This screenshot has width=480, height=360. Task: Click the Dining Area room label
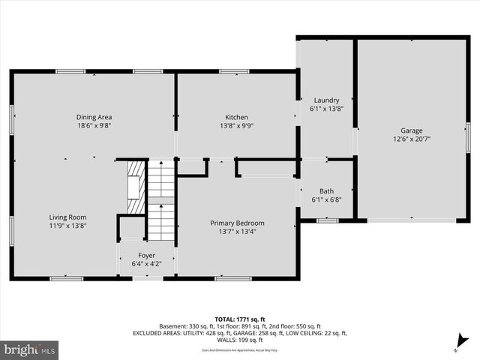(94, 116)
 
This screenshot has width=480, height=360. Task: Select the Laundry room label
(326, 100)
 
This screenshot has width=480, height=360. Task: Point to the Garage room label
(411, 129)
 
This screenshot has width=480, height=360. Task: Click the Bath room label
(326, 190)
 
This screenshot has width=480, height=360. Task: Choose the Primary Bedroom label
(236, 223)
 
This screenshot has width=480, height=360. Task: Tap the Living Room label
(68, 216)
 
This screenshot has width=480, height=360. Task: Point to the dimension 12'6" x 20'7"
(411, 139)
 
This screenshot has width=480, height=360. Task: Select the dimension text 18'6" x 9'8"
(94, 126)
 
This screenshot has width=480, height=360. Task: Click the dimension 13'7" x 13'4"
(236, 232)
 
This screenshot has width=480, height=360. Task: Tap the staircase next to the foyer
(160, 199)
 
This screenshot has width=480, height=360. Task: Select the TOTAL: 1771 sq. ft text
(239, 319)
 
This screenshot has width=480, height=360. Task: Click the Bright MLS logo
(30, 349)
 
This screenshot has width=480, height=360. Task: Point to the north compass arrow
(460, 344)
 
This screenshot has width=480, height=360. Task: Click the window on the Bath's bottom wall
(327, 220)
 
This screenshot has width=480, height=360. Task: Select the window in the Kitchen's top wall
(234, 71)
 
